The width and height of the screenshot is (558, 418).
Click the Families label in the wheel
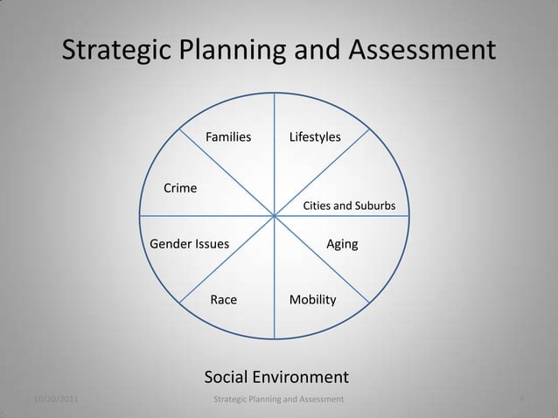(x=228, y=137)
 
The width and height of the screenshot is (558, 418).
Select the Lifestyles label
(x=316, y=137)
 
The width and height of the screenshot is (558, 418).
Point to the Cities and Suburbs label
(x=349, y=206)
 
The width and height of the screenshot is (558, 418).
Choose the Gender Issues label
(x=190, y=244)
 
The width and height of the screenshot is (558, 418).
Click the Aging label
(x=342, y=244)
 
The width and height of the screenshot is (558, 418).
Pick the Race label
(x=224, y=299)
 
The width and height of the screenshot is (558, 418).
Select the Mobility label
(x=312, y=299)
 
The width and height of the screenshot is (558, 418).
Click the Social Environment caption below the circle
(x=276, y=377)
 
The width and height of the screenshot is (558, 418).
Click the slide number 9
(x=521, y=400)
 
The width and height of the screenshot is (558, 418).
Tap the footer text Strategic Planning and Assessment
(x=279, y=400)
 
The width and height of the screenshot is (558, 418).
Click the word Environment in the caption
(x=303, y=377)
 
